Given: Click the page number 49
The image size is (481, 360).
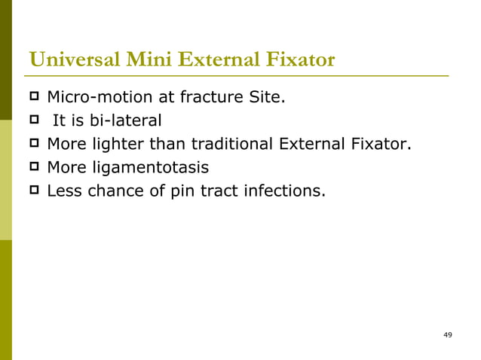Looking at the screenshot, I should [x=448, y=334].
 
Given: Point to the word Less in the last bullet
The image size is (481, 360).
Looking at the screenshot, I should [x=63, y=191].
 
